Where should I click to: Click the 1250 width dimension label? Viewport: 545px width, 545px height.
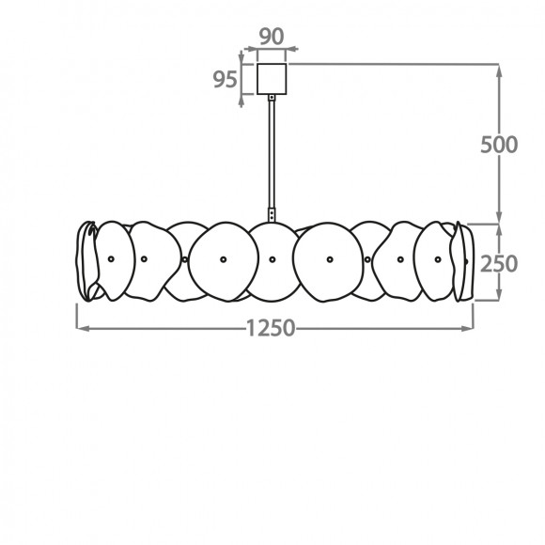click(271, 328)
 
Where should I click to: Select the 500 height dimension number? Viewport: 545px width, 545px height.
click(499, 145)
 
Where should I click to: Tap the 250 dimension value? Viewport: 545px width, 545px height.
click(499, 264)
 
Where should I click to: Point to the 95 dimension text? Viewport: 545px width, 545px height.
click(225, 79)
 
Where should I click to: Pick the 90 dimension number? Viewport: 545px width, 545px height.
click(272, 37)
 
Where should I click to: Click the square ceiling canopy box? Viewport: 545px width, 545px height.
click(272, 79)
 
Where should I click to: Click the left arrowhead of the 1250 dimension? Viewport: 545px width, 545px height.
click(83, 328)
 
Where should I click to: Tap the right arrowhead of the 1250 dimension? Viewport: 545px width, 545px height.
click(467, 328)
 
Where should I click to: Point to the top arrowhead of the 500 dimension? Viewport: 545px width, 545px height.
click(499, 70)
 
